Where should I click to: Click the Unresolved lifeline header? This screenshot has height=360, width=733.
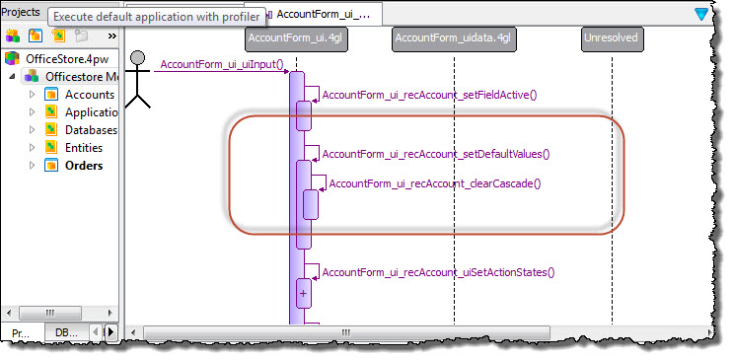pos(612,38)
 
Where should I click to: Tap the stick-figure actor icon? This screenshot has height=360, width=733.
pos(139,77)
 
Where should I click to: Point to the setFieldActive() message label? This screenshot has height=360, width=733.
pos(429,95)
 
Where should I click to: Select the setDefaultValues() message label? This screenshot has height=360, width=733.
pos(435,154)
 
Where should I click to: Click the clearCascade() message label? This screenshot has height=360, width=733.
pos(435,183)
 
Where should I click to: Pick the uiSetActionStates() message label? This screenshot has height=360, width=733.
pos(439,272)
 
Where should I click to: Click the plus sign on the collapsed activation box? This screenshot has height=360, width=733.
pos(303,293)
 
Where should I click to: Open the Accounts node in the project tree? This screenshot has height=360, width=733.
pos(89,95)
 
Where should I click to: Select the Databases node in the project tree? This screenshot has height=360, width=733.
pos(90,129)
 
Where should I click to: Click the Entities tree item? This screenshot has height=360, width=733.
pos(83,147)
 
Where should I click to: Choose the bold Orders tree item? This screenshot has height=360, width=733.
pos(83,165)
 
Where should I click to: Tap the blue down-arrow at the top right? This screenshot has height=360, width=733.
pos(701,14)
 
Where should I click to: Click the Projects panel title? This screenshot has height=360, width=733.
pos(21,13)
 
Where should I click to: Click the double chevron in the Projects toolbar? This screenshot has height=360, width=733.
pos(112,36)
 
